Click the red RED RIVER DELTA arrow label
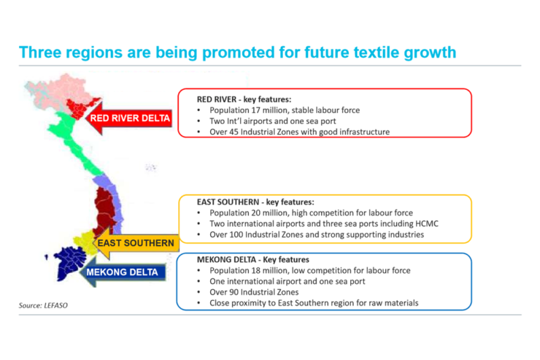tap(129, 118)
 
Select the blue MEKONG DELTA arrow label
tap(123, 272)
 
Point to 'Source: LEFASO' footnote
tap(43, 305)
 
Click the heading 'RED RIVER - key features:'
tap(244, 99)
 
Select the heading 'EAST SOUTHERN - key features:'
tap(255, 202)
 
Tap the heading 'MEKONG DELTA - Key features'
tap(252, 259)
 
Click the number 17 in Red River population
tap(255, 110)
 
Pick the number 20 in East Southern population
tap(256, 213)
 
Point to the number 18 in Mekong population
tap(256, 270)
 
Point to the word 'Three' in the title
tap(39, 53)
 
